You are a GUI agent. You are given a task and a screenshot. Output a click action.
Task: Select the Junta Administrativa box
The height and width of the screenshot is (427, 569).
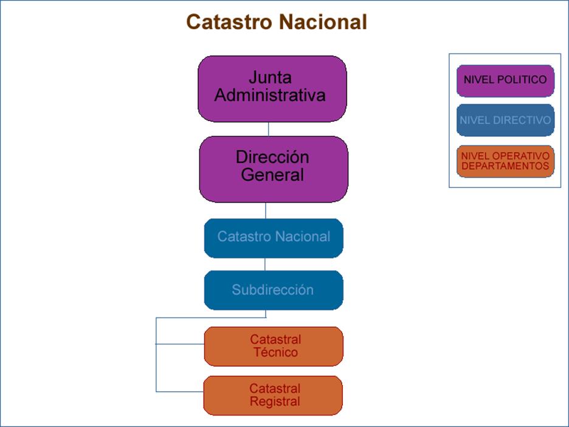tap(272, 88)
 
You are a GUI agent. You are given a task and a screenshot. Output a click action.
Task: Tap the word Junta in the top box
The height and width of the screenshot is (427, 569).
tap(270, 78)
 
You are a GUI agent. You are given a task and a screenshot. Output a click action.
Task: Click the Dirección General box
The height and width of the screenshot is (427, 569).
tap(274, 168)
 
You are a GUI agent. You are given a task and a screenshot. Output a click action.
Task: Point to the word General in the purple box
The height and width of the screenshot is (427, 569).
tap(272, 175)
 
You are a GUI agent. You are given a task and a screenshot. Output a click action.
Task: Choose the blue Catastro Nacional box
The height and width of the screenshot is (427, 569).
tap(274, 237)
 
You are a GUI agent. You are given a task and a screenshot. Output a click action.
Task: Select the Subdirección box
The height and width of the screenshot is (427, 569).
tap(273, 290)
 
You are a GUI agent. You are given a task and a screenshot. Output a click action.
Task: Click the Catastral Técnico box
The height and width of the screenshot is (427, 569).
tap(274, 346)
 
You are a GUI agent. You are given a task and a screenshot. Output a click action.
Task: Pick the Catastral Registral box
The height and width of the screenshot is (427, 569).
tap(274, 395)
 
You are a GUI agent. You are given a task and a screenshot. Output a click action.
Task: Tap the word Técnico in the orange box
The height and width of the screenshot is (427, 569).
tap(275, 352)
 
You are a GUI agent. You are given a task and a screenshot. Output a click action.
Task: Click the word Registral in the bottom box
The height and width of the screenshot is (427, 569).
tap(275, 401)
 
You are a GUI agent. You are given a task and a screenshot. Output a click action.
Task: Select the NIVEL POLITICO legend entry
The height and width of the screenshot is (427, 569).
tap(505, 80)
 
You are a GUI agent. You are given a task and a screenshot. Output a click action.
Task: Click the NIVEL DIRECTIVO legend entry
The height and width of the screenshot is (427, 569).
tap(505, 120)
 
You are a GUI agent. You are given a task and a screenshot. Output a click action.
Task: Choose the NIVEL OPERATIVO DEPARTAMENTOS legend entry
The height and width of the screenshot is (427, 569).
tap(505, 161)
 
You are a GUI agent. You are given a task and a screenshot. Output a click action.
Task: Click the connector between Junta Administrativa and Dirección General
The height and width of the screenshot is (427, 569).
tap(268, 129)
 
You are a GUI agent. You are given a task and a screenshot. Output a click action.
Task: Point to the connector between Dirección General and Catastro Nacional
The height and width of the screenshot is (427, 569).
tap(266, 210)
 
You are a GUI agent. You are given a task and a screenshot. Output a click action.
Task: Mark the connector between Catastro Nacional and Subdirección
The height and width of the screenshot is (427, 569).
tap(264, 264)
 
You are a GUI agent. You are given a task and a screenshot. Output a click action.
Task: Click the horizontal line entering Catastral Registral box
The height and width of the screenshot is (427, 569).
tap(180, 391)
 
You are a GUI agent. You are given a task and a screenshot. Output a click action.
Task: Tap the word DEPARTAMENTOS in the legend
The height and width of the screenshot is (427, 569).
tap(505, 166)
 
